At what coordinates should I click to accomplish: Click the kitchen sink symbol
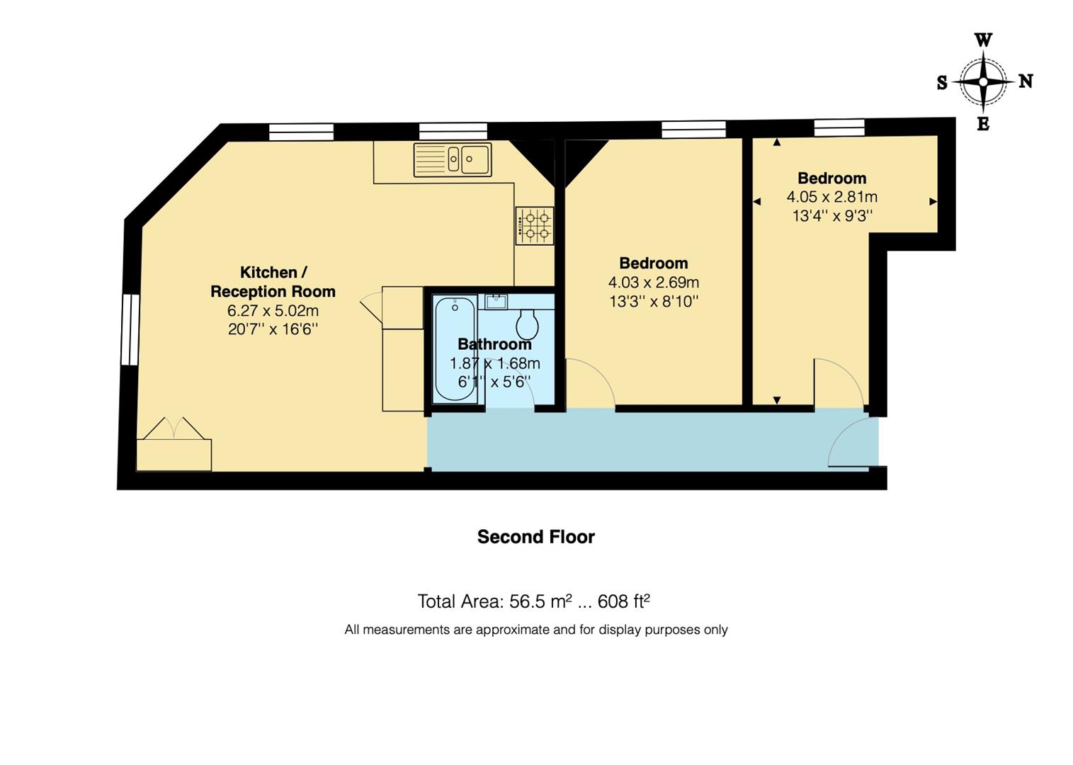[x=453, y=159]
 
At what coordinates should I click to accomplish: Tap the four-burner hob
[x=535, y=226]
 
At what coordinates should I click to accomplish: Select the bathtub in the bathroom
[x=455, y=348]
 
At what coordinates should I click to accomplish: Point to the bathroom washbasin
[x=496, y=302]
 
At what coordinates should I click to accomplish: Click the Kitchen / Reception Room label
[x=273, y=282]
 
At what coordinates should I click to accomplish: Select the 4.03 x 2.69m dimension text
[x=653, y=283]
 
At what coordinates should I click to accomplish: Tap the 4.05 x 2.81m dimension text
[x=831, y=197]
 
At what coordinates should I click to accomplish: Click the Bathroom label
[x=494, y=344]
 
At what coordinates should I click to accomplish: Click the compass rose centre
[x=983, y=82]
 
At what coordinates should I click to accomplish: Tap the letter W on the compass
[x=983, y=40]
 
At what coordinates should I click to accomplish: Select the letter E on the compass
[x=983, y=125]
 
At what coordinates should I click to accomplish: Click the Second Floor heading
[x=535, y=537]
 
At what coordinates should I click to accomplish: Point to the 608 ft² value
[x=623, y=601]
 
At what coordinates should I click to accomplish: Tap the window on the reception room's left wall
[x=130, y=329]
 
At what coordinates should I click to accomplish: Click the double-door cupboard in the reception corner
[x=174, y=446]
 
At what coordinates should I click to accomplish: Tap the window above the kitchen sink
[x=453, y=131]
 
